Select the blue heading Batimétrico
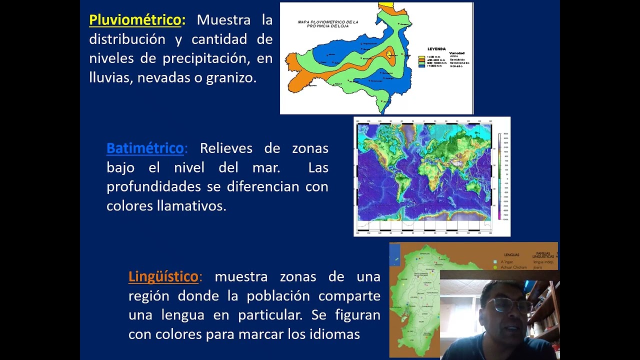point(145,148)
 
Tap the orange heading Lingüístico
point(163,276)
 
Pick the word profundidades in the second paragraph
point(154,187)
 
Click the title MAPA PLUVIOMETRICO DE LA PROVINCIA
point(328,23)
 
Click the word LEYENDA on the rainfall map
point(436,49)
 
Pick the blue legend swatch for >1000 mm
point(421,65)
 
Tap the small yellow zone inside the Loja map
point(390,54)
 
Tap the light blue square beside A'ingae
point(495,261)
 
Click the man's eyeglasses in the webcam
point(503,304)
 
